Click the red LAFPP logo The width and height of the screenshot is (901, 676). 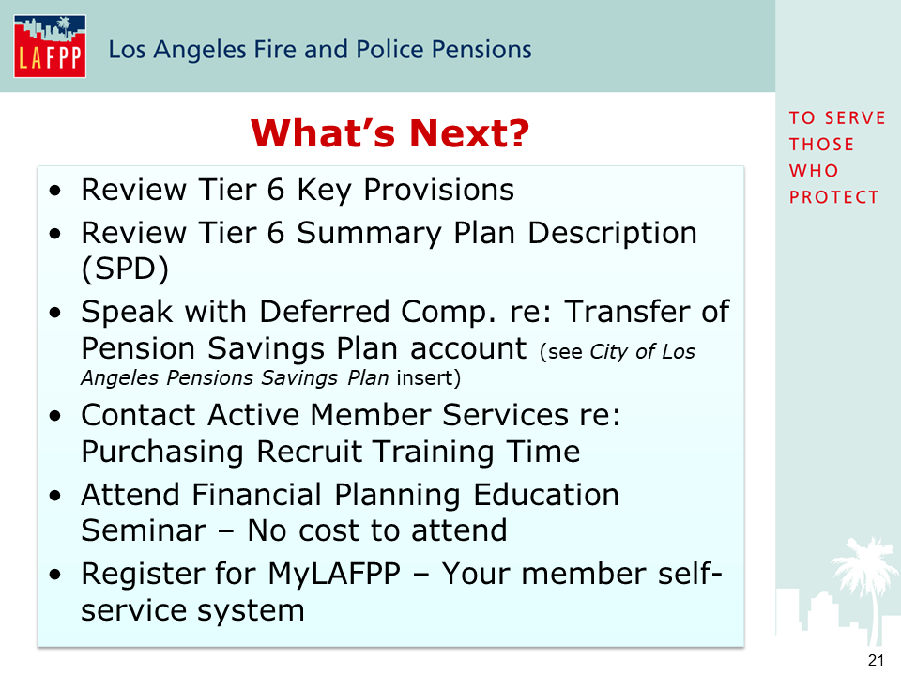coord(50,46)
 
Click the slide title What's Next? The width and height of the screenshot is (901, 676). coord(389,132)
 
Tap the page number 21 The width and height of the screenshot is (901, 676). coord(876,660)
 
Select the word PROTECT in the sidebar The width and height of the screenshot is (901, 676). coord(833,197)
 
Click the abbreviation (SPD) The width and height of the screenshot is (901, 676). coord(125,269)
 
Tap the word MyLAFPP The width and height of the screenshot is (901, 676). coord(334,573)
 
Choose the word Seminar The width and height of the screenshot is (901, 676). coord(144,530)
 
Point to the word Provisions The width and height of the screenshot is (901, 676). coord(438,190)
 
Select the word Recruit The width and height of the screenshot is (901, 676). coord(309,452)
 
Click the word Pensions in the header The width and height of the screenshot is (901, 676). coord(481,50)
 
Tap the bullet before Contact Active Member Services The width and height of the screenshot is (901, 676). coord(55,416)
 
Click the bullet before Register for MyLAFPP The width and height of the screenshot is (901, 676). coord(55,575)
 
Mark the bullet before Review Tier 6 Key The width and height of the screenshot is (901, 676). coord(55,191)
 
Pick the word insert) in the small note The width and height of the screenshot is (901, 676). coord(428,377)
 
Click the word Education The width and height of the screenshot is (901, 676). coord(546,495)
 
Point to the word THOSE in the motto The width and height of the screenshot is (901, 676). coord(821,145)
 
